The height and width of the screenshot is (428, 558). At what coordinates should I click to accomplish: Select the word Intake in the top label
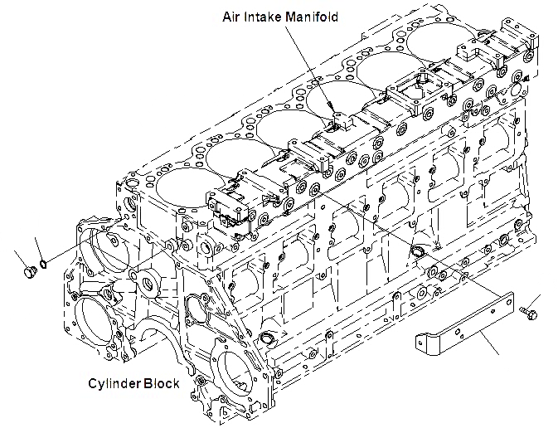point(264,17)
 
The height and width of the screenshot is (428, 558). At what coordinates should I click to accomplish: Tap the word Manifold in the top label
point(312,17)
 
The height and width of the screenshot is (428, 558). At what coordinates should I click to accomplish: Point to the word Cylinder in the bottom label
point(117,383)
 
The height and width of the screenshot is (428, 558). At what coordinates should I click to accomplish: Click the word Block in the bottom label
point(163,383)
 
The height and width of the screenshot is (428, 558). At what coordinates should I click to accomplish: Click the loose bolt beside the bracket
point(526,311)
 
